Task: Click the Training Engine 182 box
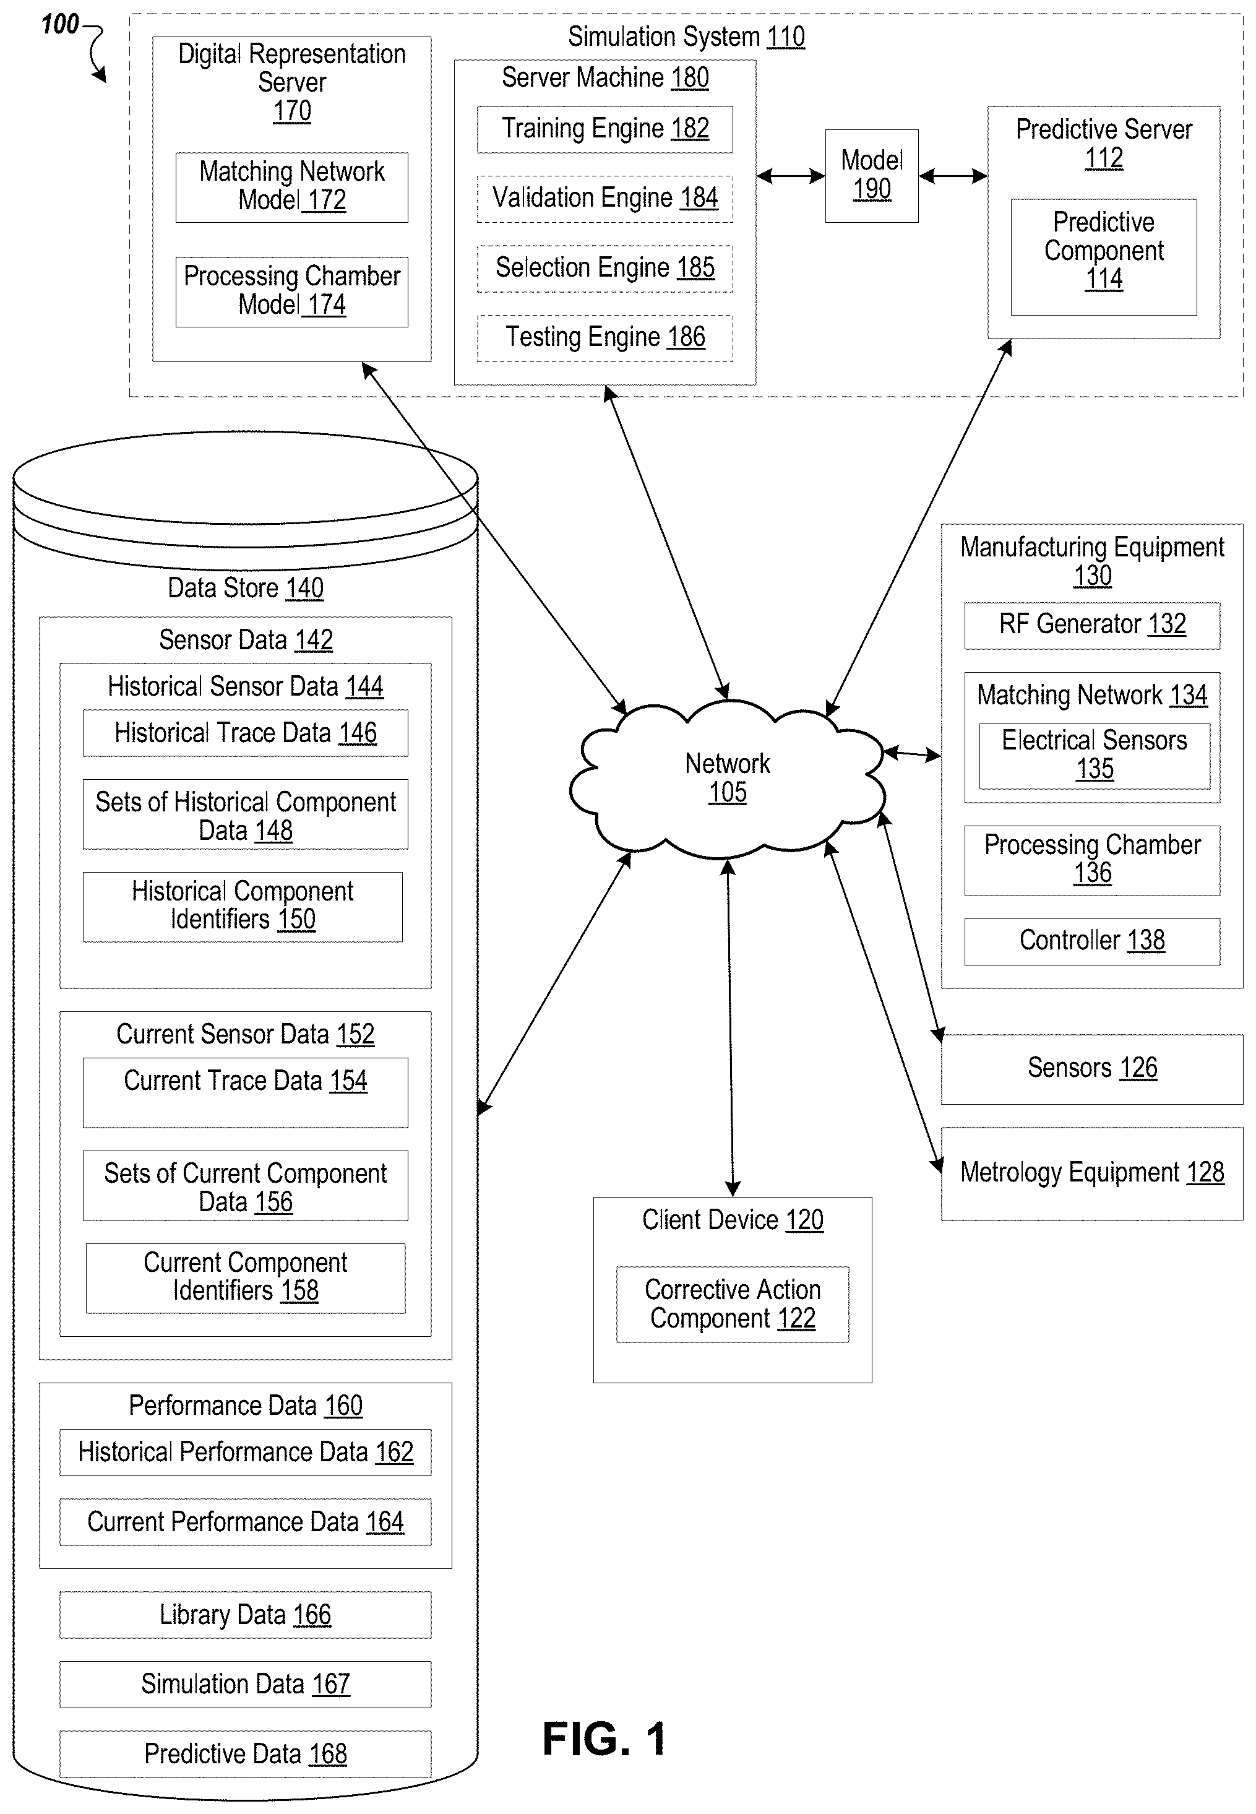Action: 604,129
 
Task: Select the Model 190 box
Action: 871,176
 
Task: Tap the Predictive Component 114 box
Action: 1103,257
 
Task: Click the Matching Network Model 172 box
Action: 291,188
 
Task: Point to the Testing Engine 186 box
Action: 604,339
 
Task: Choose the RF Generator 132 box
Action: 1091,626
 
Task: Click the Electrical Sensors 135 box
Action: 1094,756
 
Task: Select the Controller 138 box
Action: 1091,941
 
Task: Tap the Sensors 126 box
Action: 1091,1069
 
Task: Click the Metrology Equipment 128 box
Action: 1091,1173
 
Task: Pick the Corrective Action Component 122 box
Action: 732,1304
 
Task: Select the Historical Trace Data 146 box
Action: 245,733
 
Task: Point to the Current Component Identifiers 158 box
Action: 245,1278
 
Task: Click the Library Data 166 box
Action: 245,1615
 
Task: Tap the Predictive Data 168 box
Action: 245,1754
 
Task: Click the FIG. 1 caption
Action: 604,1738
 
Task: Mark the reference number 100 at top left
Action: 60,24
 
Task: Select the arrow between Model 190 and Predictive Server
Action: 953,176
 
